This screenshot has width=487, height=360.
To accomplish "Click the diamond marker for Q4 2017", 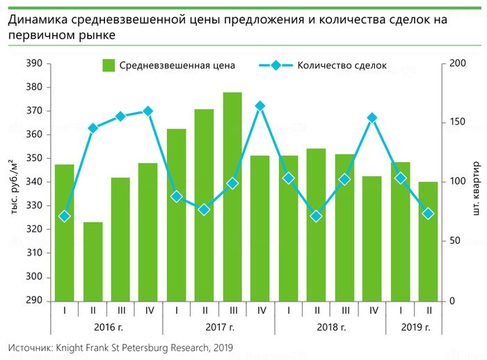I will [x=260, y=106].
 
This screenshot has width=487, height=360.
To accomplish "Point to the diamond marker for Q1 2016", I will [x=64, y=216].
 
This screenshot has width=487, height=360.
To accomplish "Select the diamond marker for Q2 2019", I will [x=429, y=214].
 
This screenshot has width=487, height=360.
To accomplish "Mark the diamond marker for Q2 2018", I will [x=317, y=216].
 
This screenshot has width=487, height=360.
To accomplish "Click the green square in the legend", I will [x=109, y=65].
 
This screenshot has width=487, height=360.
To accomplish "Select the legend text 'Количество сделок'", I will [x=342, y=66].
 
